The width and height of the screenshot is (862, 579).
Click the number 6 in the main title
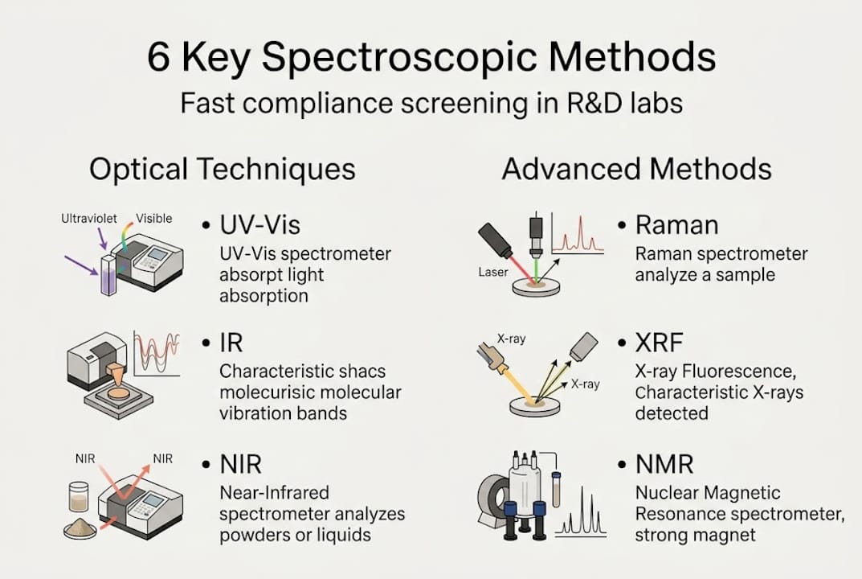point(159,59)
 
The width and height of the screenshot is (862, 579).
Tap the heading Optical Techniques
point(223,169)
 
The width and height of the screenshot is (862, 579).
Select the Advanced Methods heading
point(636,169)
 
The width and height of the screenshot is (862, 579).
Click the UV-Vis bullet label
point(255,225)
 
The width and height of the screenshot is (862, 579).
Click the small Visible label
point(153,218)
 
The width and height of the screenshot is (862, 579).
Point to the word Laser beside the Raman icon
point(492,273)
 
